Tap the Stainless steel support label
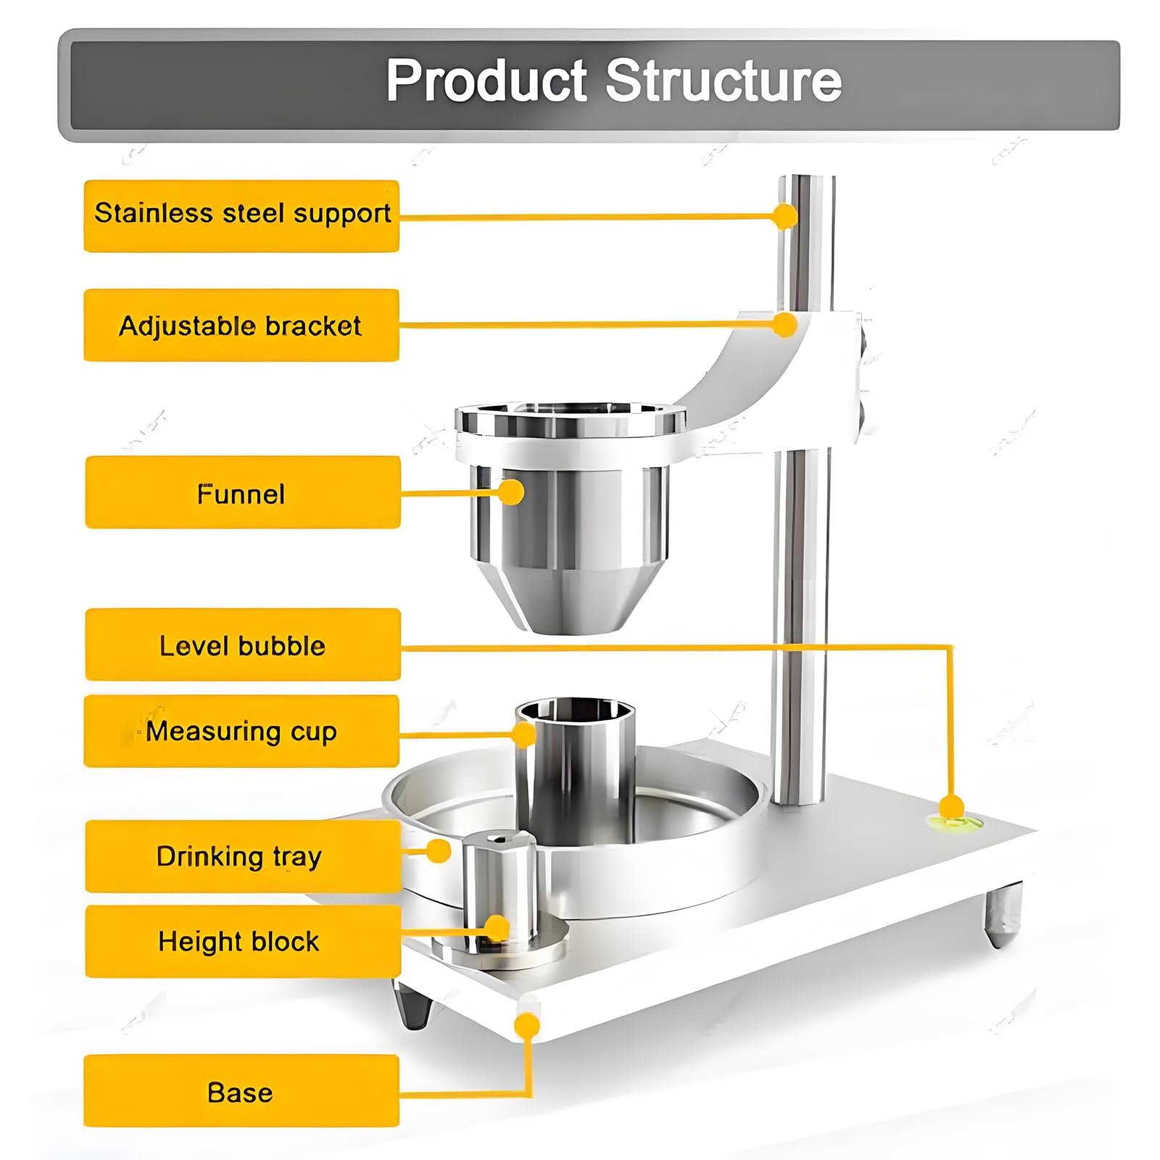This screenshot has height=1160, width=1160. (241, 216)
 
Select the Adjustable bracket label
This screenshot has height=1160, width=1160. (241, 325)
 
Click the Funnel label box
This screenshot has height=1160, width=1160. (243, 492)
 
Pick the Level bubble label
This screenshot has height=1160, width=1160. (243, 645)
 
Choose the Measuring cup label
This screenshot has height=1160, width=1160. (241, 731)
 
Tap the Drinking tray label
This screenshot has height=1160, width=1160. (243, 856)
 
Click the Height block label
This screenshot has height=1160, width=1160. (243, 941)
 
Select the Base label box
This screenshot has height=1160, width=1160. (241, 1091)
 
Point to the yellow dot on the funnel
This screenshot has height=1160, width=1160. (511, 492)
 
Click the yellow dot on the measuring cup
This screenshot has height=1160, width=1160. (523, 734)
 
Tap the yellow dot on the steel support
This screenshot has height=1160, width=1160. (784, 216)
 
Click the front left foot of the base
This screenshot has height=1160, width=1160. (413, 1005)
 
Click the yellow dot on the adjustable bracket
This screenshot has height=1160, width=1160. (784, 324)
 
